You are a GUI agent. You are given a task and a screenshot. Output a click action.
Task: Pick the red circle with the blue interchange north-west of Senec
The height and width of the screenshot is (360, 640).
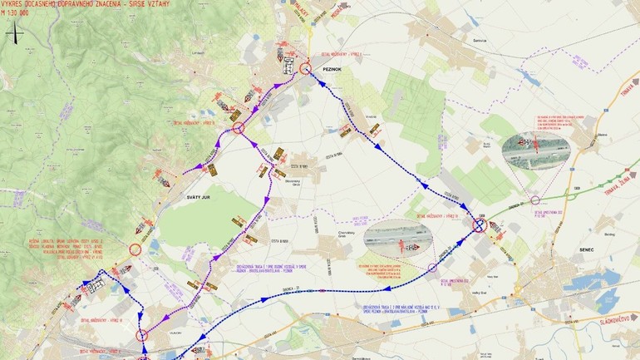pos(480,224)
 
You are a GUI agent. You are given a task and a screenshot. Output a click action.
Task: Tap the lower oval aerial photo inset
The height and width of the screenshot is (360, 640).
pos(399,241)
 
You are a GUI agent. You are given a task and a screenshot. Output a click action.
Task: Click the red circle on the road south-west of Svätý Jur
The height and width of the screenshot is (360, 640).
pos(135,249)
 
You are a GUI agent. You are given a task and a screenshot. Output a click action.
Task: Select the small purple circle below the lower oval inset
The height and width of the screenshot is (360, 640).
pos(432,268)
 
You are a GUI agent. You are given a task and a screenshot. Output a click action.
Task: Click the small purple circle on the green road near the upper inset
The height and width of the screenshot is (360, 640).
pos(535,200)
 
